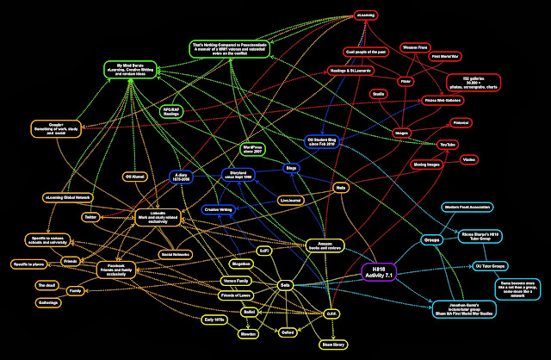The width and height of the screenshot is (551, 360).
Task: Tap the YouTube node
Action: [x=447, y=144]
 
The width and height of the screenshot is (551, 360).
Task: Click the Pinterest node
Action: [x=461, y=123]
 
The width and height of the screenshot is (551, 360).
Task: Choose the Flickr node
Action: [x=405, y=81]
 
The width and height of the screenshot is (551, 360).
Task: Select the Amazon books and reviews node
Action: [x=325, y=248]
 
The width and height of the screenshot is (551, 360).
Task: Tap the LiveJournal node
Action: [x=291, y=200]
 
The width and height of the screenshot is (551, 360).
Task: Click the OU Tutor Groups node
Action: [x=466, y=264]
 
